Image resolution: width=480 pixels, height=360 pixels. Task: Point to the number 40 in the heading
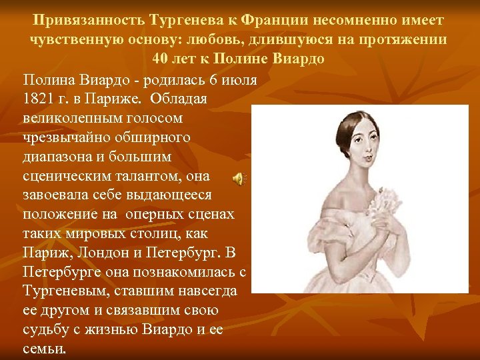[x=161, y=58]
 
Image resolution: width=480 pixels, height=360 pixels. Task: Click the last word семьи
[x=44, y=349]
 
